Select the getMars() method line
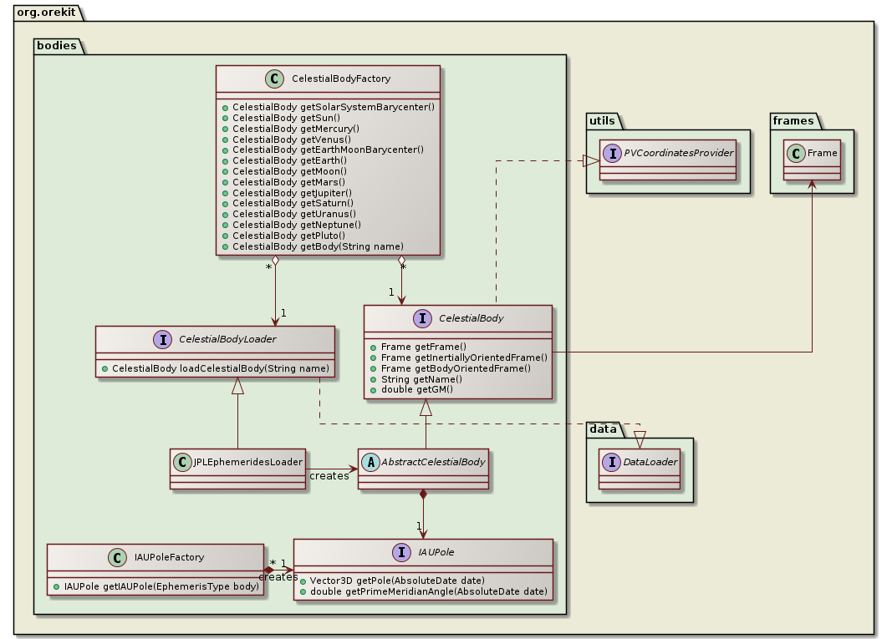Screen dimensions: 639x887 coord(278,182)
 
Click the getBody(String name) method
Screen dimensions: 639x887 coord(318,246)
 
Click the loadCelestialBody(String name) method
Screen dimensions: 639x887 coord(221,368)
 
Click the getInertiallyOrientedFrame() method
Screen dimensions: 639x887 coord(464,357)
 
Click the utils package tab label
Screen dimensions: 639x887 coord(602,122)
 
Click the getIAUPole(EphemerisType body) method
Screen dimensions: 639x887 coord(159,587)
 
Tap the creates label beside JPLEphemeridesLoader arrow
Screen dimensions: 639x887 coord(329,475)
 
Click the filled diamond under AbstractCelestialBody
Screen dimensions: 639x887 coord(424,495)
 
